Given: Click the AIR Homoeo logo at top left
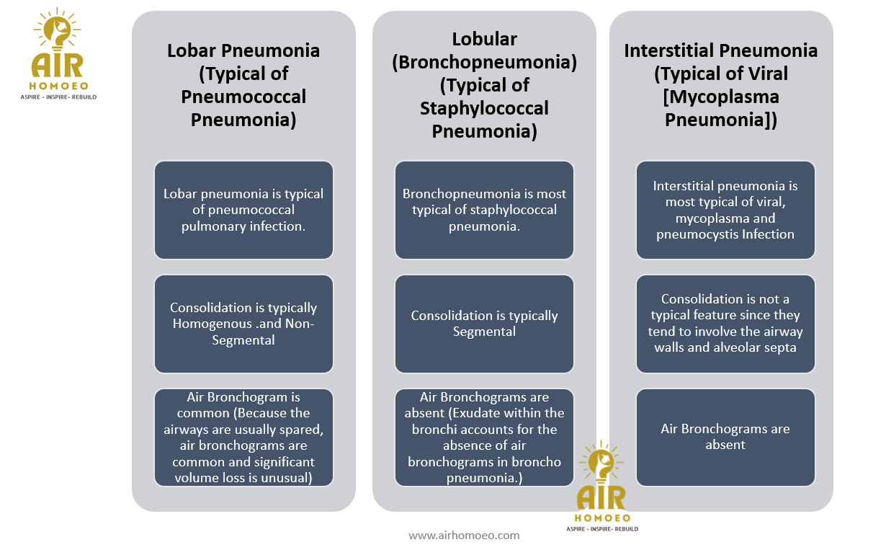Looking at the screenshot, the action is click(58, 53).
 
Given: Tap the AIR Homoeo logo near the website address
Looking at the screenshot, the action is click(602, 486).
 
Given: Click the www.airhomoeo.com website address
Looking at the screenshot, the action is click(464, 536).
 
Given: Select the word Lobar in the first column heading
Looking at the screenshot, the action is click(192, 50).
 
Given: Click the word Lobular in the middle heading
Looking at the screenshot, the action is click(484, 39).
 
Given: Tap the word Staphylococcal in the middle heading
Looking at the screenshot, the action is click(484, 108).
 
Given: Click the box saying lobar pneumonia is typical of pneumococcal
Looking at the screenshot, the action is click(243, 210).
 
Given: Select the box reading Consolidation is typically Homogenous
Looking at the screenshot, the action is click(243, 324).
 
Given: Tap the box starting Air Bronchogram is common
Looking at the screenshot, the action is click(243, 438).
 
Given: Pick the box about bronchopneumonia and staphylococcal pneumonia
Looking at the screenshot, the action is click(484, 210).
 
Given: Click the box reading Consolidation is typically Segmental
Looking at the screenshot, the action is click(484, 324).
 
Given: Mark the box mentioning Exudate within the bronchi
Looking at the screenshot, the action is click(484, 438).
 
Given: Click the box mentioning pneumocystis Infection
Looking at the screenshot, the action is click(725, 210).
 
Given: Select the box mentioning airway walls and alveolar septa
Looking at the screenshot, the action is click(725, 324).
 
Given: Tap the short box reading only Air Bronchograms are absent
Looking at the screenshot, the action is click(725, 438).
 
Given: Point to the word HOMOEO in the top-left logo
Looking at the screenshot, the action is click(58, 86).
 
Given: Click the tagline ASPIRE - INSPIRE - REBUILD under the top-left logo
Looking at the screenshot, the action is click(58, 97).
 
